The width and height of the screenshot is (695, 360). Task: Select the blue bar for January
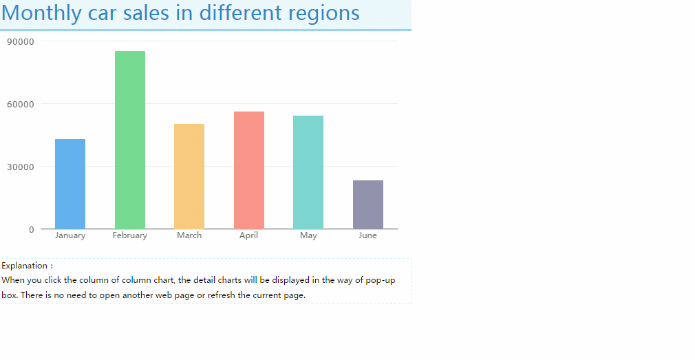coord(70,184)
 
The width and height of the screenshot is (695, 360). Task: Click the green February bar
coord(130,140)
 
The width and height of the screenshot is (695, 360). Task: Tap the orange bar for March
coord(189,176)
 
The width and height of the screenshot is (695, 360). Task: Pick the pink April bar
coord(249,170)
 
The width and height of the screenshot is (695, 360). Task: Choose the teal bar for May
coord(308,173)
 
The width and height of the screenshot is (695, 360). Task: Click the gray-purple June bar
coord(368,205)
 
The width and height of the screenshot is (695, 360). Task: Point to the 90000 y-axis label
coord(21,42)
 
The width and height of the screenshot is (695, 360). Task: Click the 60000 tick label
coord(21,104)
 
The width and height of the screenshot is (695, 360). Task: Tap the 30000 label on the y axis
coord(21,167)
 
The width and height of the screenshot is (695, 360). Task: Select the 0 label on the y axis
coord(32,230)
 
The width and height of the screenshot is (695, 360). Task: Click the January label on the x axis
coord(70,235)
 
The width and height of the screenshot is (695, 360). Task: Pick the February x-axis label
coord(130,235)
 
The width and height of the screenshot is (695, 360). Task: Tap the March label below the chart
coord(189,235)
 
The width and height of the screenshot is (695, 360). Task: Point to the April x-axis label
coord(248,235)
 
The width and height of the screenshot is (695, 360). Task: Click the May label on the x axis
coord(308,235)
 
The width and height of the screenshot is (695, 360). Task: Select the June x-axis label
coord(368,235)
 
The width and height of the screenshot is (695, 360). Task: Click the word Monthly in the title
coord(41,13)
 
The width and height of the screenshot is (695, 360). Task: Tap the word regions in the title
coord(323,13)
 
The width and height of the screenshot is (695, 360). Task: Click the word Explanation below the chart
coord(24,266)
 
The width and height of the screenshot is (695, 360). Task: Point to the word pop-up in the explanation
coord(381,281)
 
